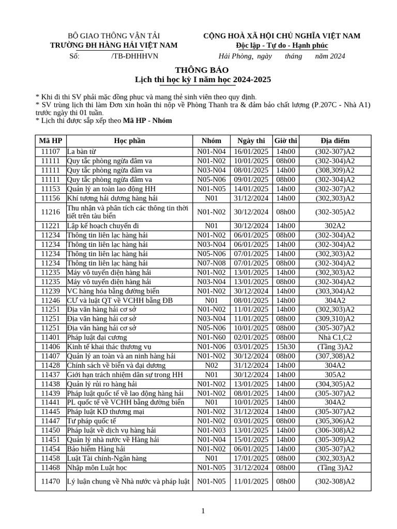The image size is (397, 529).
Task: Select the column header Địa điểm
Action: tap(334, 141)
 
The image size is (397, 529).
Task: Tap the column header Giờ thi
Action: tap(285, 141)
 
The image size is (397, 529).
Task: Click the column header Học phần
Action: tap(129, 141)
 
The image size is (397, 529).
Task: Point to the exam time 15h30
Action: tap(285, 347)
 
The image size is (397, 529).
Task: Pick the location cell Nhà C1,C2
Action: tap(334, 337)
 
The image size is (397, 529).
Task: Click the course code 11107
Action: tap(51, 151)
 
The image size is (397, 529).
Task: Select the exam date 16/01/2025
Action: tap(251, 151)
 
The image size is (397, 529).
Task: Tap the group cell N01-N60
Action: tap(212, 337)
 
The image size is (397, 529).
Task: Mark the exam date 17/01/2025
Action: tap(251, 458)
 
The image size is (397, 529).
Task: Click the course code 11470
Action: tap(51, 481)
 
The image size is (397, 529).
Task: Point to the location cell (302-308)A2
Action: tap(334, 481)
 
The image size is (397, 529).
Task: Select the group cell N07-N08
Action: tap(212, 263)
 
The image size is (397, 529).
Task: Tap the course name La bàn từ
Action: tap(81, 151)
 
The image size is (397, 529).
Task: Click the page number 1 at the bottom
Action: tap(203, 511)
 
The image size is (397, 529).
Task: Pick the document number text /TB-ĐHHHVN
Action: tap(134, 56)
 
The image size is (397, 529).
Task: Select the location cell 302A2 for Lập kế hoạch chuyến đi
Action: tap(334, 226)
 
